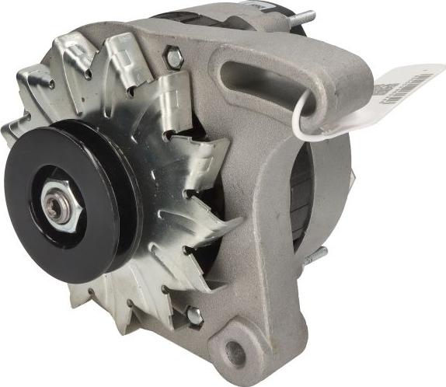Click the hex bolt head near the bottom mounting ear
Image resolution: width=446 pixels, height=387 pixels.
(193, 316)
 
